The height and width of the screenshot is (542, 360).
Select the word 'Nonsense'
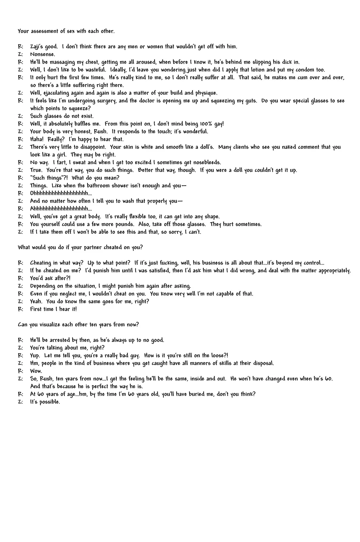coord(42,55)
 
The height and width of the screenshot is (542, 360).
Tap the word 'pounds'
coord(124,225)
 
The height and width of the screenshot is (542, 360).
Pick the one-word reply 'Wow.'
coord(36,371)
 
